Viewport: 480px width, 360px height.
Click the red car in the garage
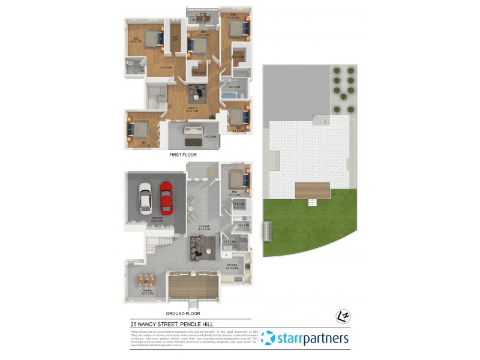point(165,197)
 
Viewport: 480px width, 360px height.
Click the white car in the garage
point(145,197)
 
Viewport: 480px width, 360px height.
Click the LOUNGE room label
point(203,226)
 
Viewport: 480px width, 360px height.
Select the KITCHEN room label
point(232,265)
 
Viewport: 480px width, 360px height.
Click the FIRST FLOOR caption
point(184,155)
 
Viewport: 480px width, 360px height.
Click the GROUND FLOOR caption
point(183,313)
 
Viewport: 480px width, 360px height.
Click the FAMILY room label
point(192,108)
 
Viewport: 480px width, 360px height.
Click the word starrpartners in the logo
point(312,339)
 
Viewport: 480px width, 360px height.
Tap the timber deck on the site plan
point(312,191)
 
